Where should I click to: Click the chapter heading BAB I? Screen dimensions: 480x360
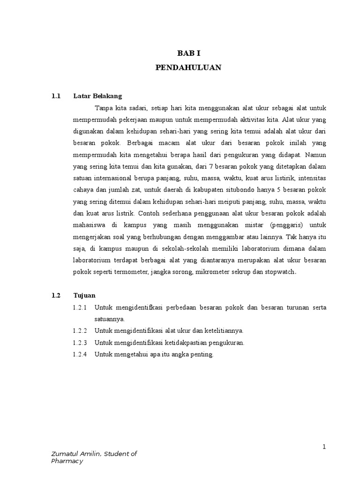tap(188, 54)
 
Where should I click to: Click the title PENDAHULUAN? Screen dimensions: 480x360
tap(188, 68)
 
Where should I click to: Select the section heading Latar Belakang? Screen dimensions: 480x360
tap(97, 96)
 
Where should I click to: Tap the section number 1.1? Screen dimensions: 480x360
tap(56, 96)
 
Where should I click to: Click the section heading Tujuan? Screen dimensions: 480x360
tap(84, 295)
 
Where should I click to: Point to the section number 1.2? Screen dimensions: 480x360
tap(56, 295)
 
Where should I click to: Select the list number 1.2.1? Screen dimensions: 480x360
tap(81, 307)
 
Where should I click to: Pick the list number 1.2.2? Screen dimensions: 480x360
tap(81, 331)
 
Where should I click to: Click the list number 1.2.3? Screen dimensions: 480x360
tap(81, 343)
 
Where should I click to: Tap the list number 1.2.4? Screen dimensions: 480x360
tap(81, 354)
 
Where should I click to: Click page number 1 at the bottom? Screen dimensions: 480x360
tap(323, 447)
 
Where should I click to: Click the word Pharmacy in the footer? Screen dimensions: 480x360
tap(67, 461)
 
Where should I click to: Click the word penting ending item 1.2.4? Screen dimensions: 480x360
tap(202, 354)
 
